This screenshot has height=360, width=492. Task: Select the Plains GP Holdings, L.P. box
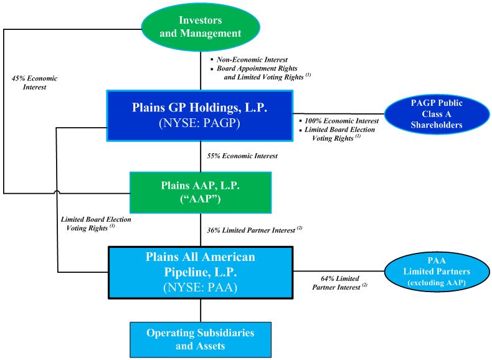(200, 116)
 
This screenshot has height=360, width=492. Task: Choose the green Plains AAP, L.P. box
(201, 192)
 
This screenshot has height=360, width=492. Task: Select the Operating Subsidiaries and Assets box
(201, 339)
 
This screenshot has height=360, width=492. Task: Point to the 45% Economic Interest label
(34, 83)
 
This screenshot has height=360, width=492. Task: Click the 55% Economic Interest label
(242, 156)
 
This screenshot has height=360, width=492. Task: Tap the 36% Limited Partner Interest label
(254, 230)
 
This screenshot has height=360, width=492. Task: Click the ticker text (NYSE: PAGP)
(200, 125)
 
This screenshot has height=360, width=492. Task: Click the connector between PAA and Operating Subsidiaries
(201, 310)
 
